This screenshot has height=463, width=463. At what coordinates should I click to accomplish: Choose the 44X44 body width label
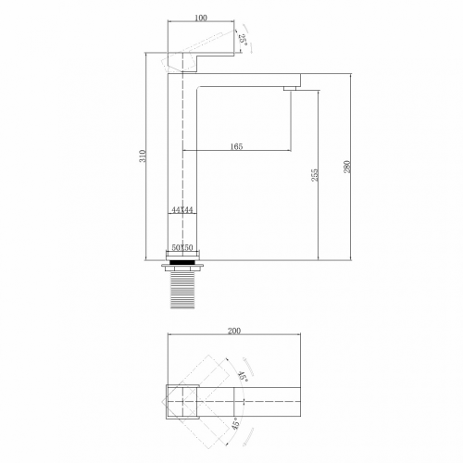click(182, 211)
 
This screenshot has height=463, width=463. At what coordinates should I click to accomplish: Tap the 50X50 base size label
click(182, 249)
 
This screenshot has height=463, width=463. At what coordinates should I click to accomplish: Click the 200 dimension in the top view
click(234, 331)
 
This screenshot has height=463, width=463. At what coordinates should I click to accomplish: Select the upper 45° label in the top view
click(243, 375)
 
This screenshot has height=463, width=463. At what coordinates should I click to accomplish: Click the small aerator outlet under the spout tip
click(290, 88)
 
